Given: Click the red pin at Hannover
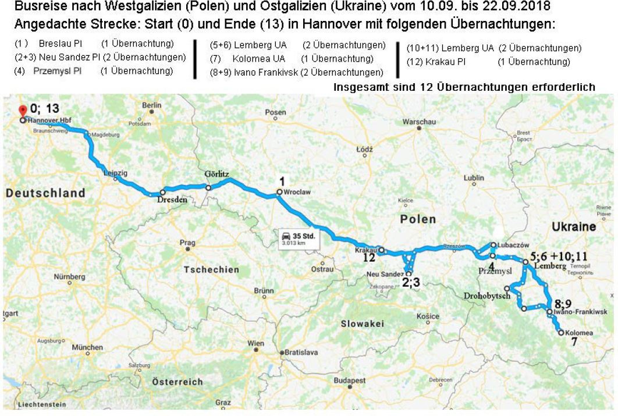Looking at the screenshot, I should [x=23, y=109].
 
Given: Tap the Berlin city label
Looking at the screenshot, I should [x=151, y=105].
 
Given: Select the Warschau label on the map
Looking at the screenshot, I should [x=419, y=122].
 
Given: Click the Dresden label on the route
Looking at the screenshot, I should [x=173, y=199].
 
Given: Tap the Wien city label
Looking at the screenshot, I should [x=255, y=343].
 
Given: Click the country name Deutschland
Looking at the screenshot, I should [x=45, y=193].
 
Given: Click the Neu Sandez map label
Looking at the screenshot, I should [x=385, y=273].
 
